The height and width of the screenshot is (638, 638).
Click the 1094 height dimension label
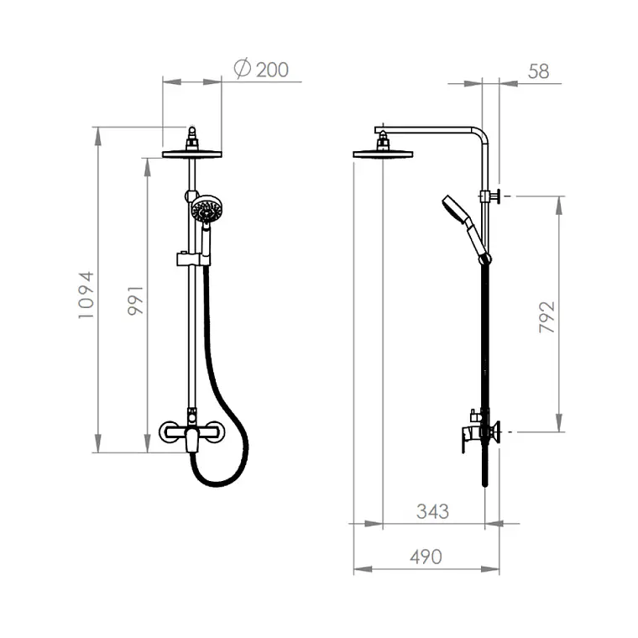86,295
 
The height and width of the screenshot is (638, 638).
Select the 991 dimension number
135,301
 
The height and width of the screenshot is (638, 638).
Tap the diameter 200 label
261,69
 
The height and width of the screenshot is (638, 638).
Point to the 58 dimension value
538,71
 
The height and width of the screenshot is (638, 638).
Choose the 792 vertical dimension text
546,317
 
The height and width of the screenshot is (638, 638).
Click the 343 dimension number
432,511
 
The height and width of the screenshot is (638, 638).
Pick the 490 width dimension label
426,557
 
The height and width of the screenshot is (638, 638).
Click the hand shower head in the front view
207,208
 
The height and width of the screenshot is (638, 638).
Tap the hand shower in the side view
465,227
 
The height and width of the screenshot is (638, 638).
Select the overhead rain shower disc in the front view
192,154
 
